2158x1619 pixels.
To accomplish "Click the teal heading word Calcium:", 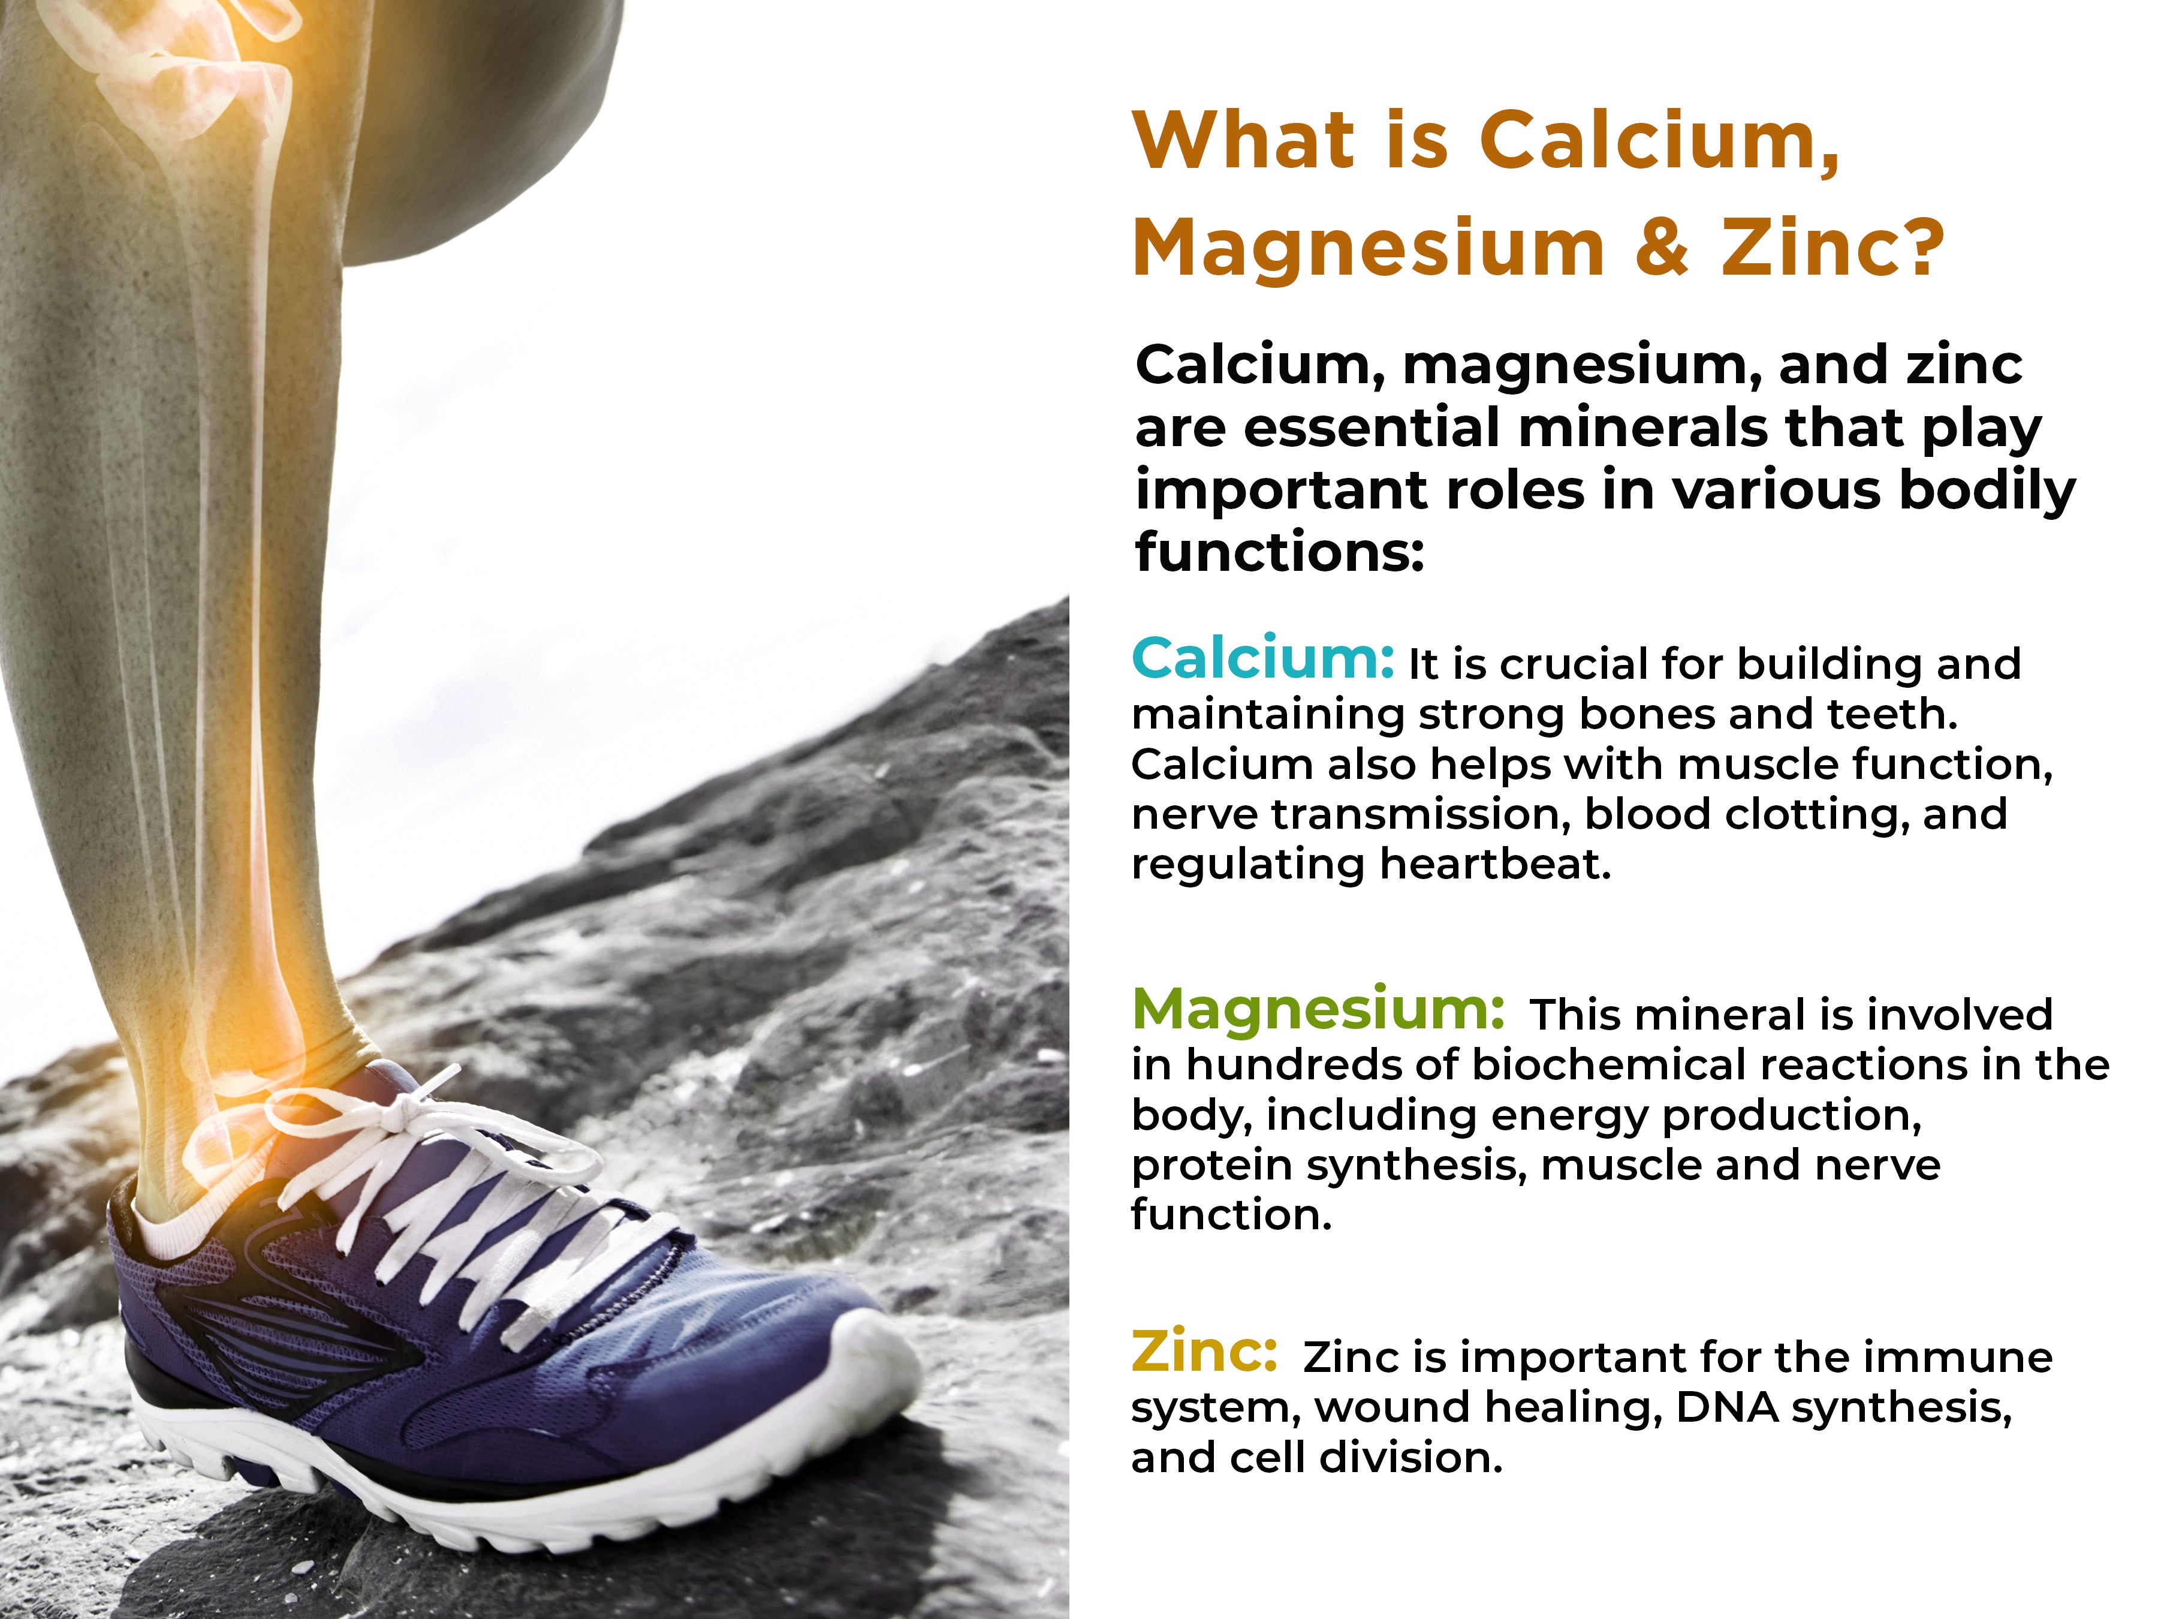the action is tap(1262, 659).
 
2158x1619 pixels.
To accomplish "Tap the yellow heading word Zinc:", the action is tap(1204, 1353).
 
